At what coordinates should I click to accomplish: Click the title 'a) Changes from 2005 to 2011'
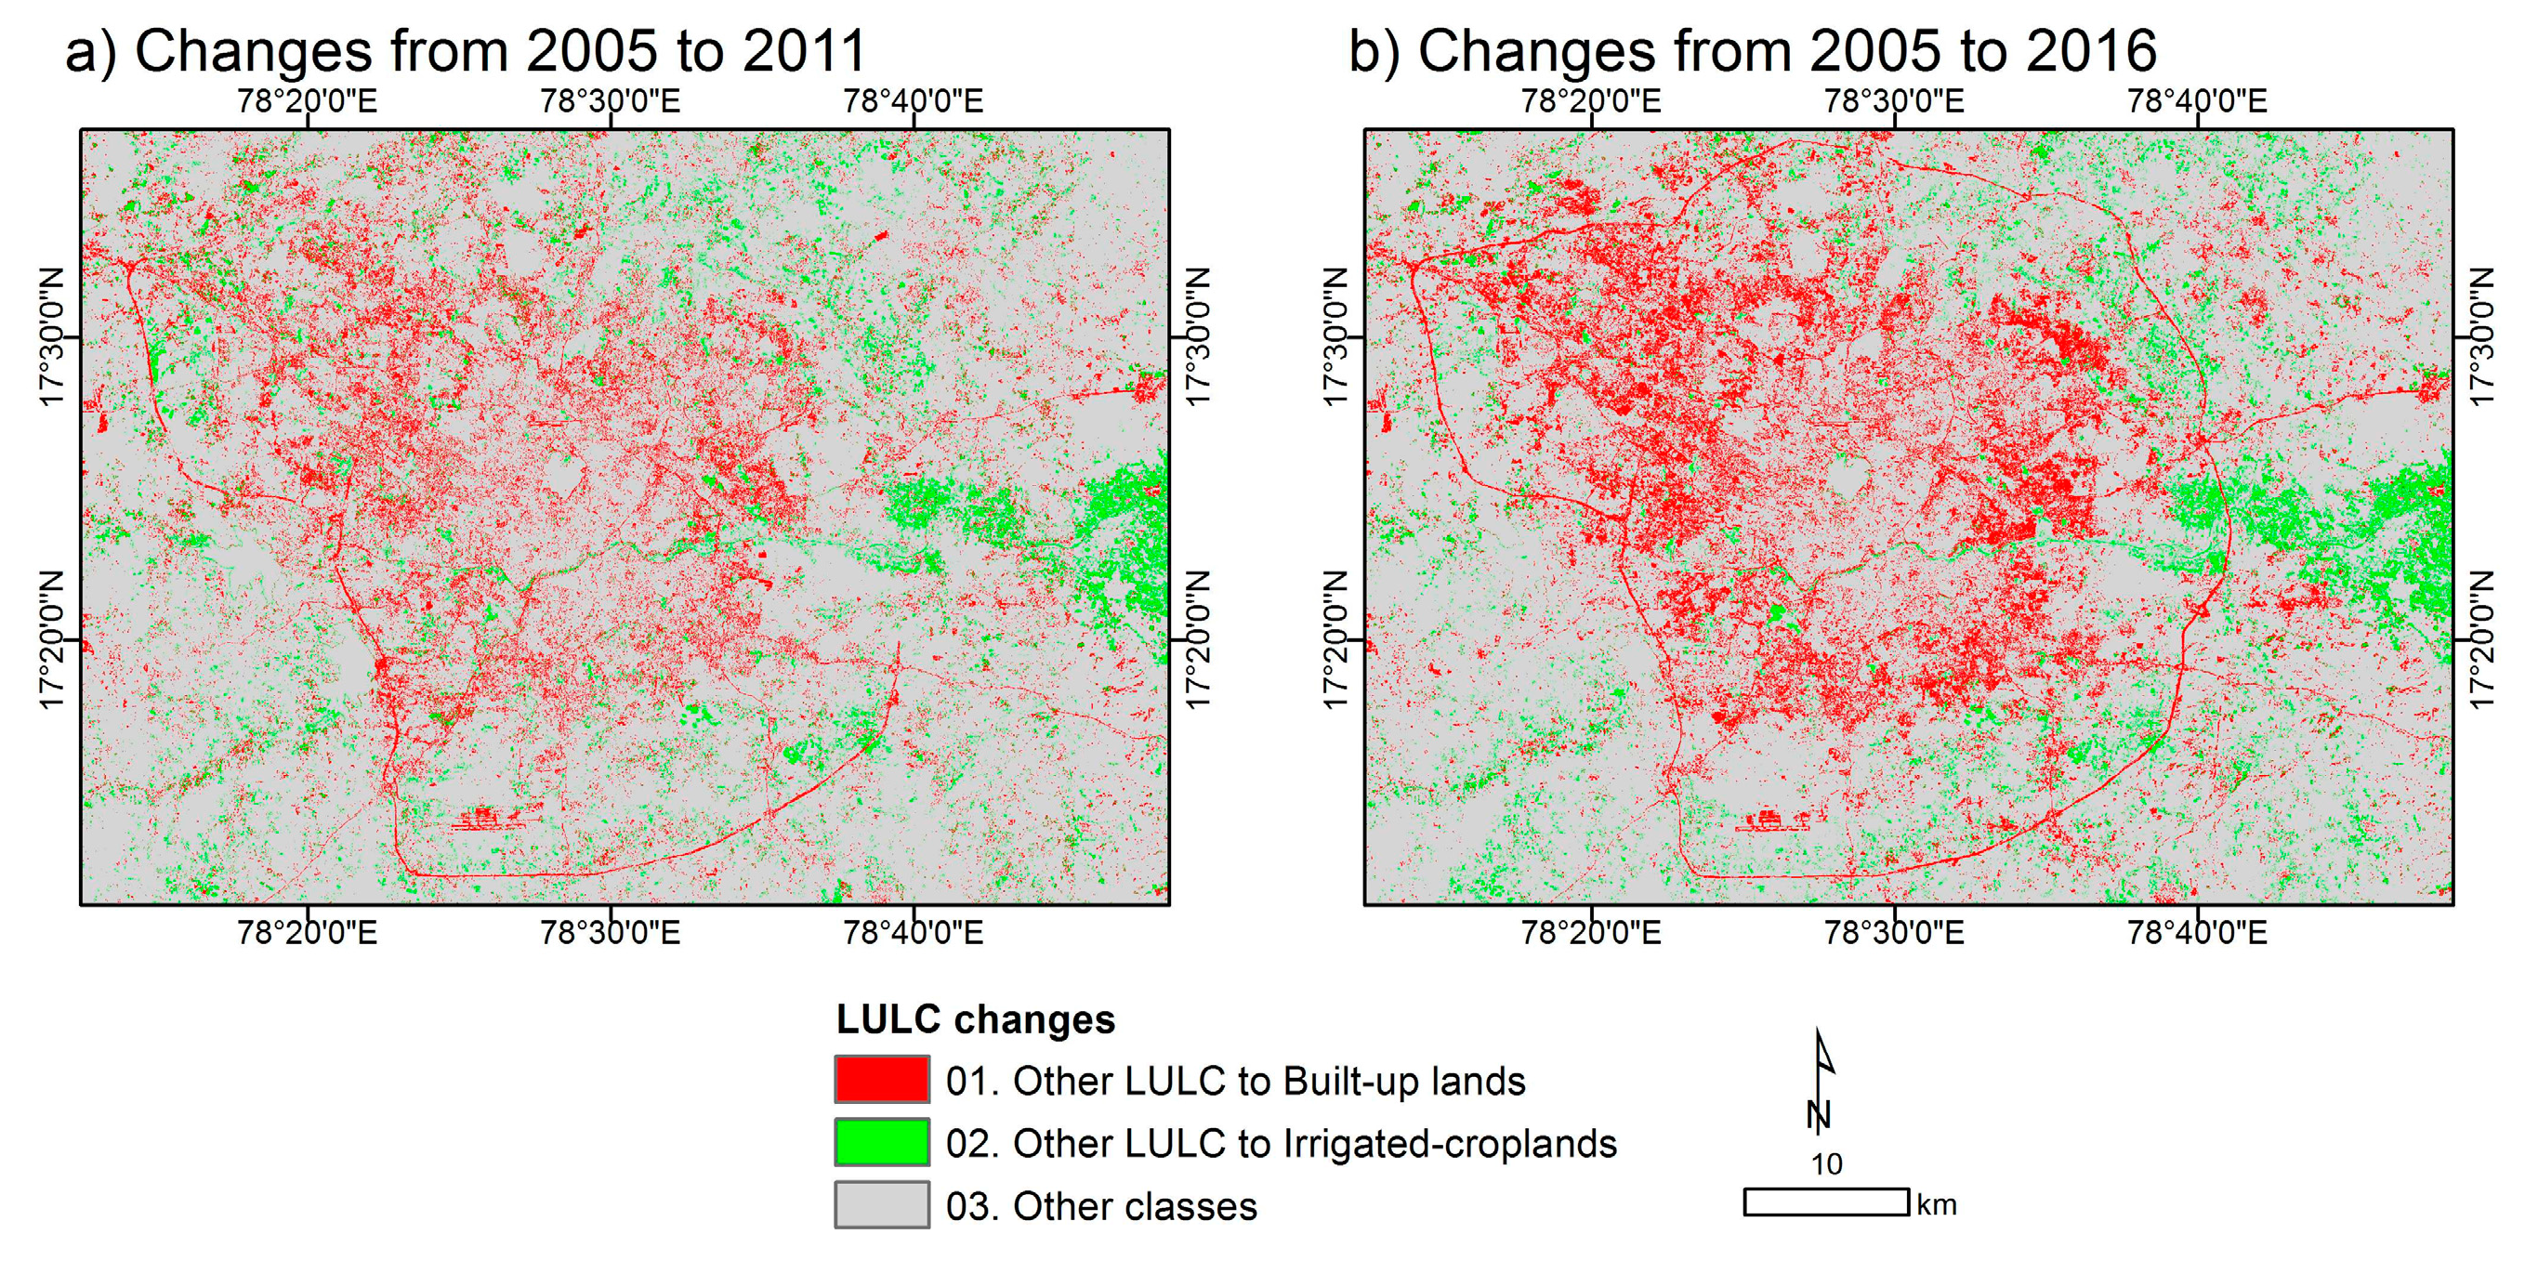tap(466, 51)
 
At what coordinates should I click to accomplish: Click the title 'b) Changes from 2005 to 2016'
tap(1752, 51)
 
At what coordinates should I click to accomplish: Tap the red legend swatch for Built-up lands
tap(881, 1080)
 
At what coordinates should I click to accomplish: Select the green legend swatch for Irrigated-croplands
tap(881, 1143)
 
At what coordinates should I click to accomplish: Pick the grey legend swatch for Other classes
tap(881, 1204)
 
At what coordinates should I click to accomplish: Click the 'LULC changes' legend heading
tap(975, 1019)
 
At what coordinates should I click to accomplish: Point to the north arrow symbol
tap(1821, 1083)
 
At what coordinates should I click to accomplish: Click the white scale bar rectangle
tap(1825, 1202)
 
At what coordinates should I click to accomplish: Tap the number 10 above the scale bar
tap(1826, 1164)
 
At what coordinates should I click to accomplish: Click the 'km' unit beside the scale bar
tap(1937, 1204)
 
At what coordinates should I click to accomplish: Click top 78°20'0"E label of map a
tap(307, 101)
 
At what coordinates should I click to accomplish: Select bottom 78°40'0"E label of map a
tap(913, 932)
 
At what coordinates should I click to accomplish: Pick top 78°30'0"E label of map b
tap(1894, 101)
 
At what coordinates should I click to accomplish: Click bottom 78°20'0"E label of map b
tap(1590, 932)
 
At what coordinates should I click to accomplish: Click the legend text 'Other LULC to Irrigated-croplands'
tap(1280, 1144)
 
